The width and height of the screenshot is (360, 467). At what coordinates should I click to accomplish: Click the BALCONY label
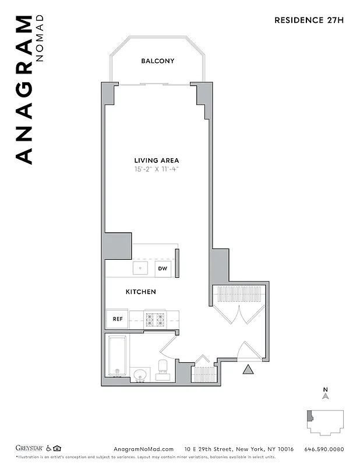157,61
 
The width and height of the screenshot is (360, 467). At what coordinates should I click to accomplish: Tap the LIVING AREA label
157,161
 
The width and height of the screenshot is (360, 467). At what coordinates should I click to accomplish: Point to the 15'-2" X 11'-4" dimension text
157,170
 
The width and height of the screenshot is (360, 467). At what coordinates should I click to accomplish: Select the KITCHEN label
141,291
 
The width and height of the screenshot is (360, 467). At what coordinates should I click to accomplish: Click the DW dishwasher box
163,269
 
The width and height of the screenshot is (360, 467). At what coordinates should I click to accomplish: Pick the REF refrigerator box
117,319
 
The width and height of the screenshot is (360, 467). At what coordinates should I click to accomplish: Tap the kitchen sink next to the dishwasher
141,268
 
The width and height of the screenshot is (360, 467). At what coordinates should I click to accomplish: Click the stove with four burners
156,319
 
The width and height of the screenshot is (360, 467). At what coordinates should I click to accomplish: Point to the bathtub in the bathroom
118,357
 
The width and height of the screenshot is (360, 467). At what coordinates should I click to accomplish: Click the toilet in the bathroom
163,369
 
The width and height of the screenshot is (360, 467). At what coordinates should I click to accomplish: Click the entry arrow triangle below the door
248,369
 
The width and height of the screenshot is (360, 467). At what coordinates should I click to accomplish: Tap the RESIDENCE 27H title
309,20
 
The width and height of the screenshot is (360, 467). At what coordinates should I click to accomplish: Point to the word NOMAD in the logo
40,39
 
